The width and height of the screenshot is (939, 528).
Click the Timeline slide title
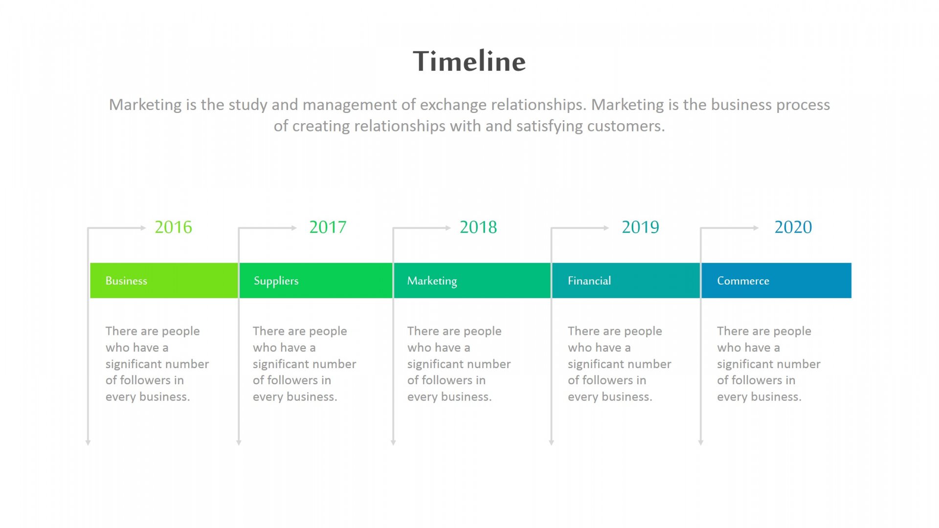click(469, 61)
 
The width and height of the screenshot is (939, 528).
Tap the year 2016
click(174, 227)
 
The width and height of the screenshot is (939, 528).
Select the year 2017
click(328, 227)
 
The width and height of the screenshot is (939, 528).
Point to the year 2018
click(478, 227)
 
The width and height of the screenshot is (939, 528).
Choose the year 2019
click(640, 227)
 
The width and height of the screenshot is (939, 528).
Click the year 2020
click(793, 227)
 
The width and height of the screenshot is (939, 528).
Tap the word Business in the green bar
click(126, 281)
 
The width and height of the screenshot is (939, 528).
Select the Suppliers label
click(276, 281)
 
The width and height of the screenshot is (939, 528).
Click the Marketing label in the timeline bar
click(432, 281)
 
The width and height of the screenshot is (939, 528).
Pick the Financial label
click(589, 281)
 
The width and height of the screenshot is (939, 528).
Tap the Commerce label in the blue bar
click(743, 281)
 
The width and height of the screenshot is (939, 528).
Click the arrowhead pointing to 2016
click(143, 228)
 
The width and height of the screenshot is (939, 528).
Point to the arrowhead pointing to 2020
click(756, 228)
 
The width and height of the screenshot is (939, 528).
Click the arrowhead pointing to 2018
click(448, 228)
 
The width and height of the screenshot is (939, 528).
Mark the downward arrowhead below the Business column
click(88, 442)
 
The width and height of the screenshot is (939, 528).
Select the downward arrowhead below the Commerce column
click(701, 442)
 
